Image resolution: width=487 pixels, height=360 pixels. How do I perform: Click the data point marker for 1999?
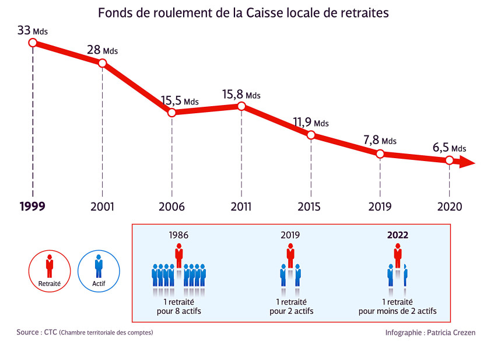[33, 42]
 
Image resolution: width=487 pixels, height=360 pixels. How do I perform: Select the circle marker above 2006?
[171, 113]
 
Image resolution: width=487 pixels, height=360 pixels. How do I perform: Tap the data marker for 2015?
[311, 135]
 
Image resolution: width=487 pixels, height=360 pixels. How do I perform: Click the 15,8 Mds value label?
[241, 95]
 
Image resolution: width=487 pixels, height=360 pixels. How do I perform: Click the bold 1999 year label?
[32, 207]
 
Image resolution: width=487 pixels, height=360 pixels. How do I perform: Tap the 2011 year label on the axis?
[241, 207]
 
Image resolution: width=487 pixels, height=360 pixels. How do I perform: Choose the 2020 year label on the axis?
[449, 207]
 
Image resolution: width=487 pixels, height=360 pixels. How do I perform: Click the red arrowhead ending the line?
[467, 162]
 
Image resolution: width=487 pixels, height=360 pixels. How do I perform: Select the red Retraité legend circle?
[50, 270]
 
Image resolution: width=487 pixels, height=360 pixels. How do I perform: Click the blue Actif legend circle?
[99, 270]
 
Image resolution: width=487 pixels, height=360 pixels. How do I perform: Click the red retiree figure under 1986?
[179, 256]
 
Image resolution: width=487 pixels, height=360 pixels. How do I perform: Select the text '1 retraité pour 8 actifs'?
[178, 306]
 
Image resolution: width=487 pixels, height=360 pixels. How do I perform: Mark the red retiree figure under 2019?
[290, 256]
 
